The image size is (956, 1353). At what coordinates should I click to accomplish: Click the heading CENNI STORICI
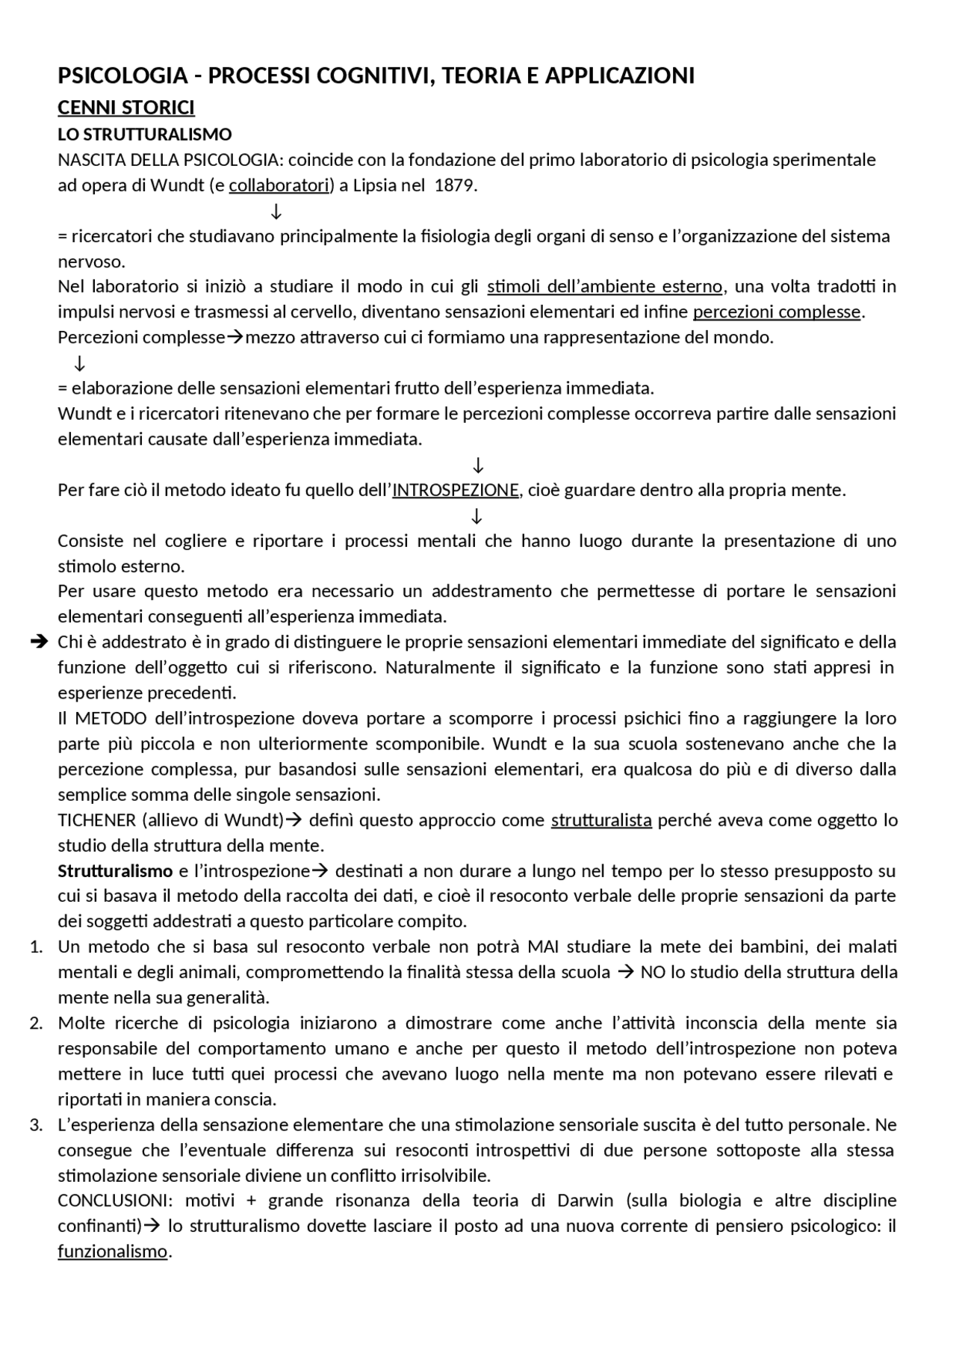[x=126, y=108]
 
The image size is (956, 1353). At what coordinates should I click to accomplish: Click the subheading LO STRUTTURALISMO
[x=145, y=134]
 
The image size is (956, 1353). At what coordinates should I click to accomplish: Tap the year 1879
[x=454, y=185]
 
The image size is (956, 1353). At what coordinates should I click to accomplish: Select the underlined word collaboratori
[x=279, y=185]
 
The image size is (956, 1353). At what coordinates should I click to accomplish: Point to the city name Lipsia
[x=374, y=185]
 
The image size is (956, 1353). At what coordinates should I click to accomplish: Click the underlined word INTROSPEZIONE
[x=456, y=490]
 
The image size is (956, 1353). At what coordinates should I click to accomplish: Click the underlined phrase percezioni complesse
[x=777, y=312]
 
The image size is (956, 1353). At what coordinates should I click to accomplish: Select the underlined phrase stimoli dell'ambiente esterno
[x=604, y=286]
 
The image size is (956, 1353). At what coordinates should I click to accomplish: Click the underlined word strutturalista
[x=601, y=820]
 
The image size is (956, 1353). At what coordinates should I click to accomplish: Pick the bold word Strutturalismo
[x=115, y=871]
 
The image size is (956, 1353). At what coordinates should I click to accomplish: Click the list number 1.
[x=36, y=947]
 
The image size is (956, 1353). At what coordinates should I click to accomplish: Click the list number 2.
[x=36, y=1024]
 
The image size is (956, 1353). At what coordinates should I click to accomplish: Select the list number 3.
[x=36, y=1125]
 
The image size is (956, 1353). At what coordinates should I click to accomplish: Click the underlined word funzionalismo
[x=113, y=1251]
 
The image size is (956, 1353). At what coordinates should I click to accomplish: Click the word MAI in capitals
[x=543, y=947]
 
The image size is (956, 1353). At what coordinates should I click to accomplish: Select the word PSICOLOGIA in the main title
[x=122, y=75]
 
